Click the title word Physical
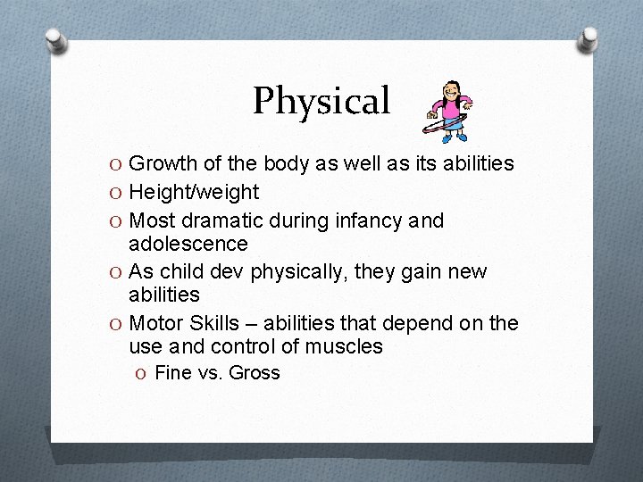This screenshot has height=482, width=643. pos(321,102)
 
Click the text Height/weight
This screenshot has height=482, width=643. pos(194,192)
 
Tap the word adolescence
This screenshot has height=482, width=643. pos(188,244)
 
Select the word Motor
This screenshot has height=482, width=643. pos(155,322)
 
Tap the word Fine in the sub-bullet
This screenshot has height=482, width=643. pos(172,373)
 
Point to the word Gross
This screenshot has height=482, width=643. pos(255,373)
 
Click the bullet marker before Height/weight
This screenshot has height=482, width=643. pos(116,192)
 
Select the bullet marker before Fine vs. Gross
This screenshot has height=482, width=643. pos(143,373)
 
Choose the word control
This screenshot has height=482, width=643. pos(232,346)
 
